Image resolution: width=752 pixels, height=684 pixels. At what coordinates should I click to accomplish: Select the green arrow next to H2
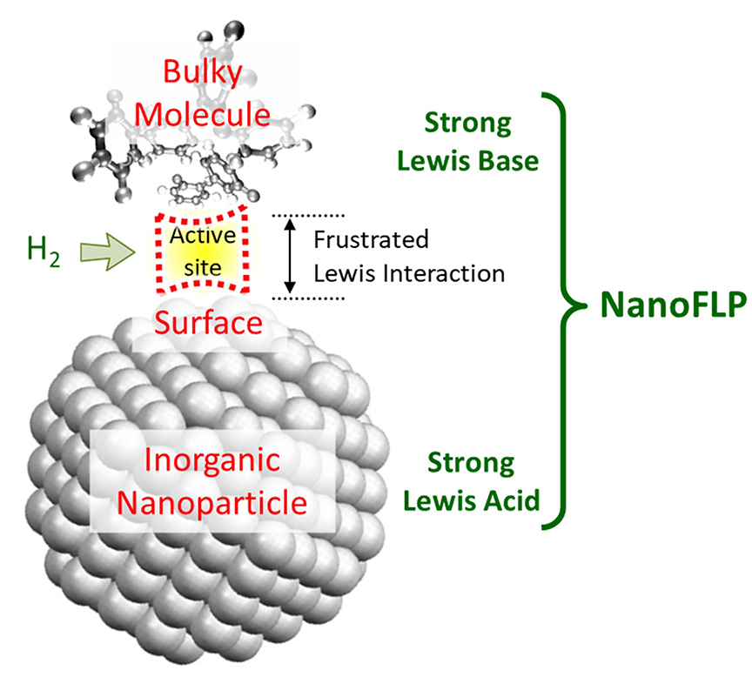click(103, 251)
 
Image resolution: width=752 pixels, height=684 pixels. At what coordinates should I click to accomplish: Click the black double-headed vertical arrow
click(292, 254)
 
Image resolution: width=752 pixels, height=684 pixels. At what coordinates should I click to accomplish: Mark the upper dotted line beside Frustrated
click(309, 214)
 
